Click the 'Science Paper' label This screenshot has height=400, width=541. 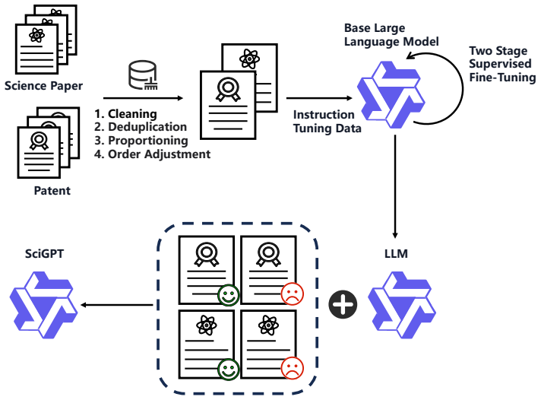pos(43,86)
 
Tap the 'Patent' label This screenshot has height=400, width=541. pos(52,191)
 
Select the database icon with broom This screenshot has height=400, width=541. pos(143,75)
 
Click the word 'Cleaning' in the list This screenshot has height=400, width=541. pos(132,113)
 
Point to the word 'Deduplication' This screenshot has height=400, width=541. pos(147,127)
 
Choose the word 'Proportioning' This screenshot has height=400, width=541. pos(148,141)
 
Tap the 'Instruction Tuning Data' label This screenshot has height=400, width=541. pos(327,121)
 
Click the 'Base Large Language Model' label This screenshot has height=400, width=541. pos(391,34)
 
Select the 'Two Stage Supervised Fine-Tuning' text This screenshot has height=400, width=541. pos(502,64)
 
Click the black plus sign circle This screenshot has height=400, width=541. pos(343,304)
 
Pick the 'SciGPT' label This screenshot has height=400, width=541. pos(45,253)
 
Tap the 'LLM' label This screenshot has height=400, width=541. pos(396,253)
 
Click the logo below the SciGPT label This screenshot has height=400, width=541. pos(43,305)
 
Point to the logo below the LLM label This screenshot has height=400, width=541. pos(402,305)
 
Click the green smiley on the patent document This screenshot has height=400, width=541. pos(229,295)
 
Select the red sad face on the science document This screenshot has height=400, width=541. pos(293,368)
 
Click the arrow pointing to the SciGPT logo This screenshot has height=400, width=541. pos(116,305)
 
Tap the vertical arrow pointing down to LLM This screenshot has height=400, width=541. pos(395,186)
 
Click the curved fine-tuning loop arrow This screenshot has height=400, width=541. pos(463,88)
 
